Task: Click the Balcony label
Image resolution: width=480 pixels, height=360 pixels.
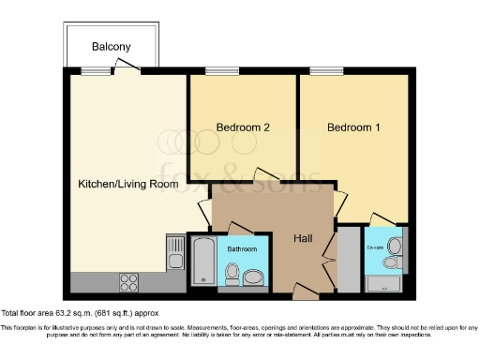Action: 111,47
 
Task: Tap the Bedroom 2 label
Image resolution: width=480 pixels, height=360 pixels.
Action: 243,127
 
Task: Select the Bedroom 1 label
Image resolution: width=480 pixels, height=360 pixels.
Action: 353,127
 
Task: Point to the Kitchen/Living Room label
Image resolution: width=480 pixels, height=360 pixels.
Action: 127,185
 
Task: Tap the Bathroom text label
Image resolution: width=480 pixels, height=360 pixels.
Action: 243,249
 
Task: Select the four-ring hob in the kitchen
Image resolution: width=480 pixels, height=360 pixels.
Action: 129,279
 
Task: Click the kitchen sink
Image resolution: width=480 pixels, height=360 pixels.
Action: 173,251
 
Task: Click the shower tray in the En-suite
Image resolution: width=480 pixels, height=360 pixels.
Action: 383,282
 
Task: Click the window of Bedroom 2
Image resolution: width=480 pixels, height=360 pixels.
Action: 220,71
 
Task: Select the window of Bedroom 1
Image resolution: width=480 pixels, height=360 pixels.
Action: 325,71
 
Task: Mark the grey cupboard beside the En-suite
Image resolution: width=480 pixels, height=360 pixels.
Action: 348,258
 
